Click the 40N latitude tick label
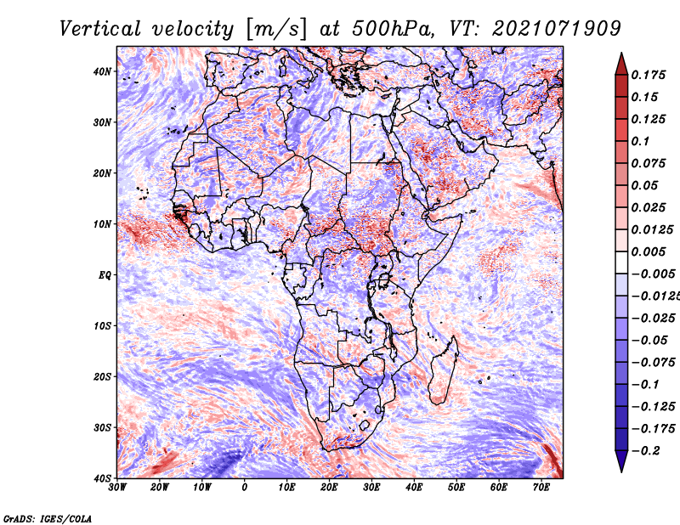coord(102,71)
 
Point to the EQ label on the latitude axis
coord(105,275)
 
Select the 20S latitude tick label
coord(102,376)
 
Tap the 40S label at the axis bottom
coord(102,478)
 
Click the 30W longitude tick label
coord(117,488)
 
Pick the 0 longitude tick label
coord(245,488)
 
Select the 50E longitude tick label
coord(456,488)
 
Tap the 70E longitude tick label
coord(541,488)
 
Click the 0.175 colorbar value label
coord(649,75)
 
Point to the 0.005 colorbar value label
coord(649,251)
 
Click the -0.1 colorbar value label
coord(645,385)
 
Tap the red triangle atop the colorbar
coord(621,65)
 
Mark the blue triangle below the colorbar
coord(621,461)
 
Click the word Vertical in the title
coord(100,29)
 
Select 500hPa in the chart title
coord(393,29)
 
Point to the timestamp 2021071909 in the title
coord(557,29)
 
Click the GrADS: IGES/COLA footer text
coord(48,519)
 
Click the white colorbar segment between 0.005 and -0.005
coord(621,262)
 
